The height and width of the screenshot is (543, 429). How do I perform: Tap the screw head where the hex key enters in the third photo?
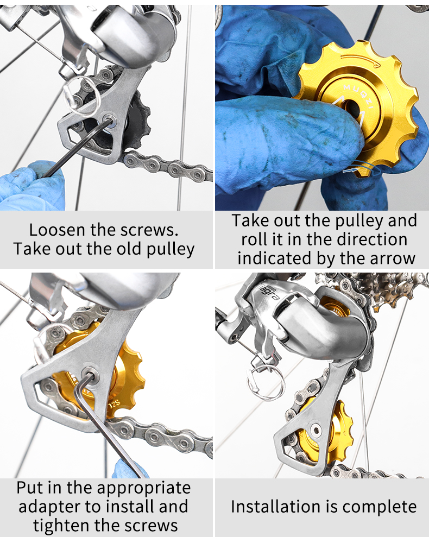point(90,374)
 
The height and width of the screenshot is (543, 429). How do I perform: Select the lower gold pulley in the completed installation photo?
point(328,432)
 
